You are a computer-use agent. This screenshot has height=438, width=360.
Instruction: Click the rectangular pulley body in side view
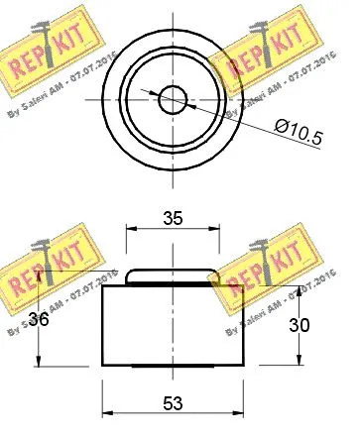tap(173, 327)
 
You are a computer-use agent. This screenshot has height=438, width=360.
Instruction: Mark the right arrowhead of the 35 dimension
tap(216, 235)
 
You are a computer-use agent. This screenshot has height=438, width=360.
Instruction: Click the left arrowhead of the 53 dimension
tap(107, 416)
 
